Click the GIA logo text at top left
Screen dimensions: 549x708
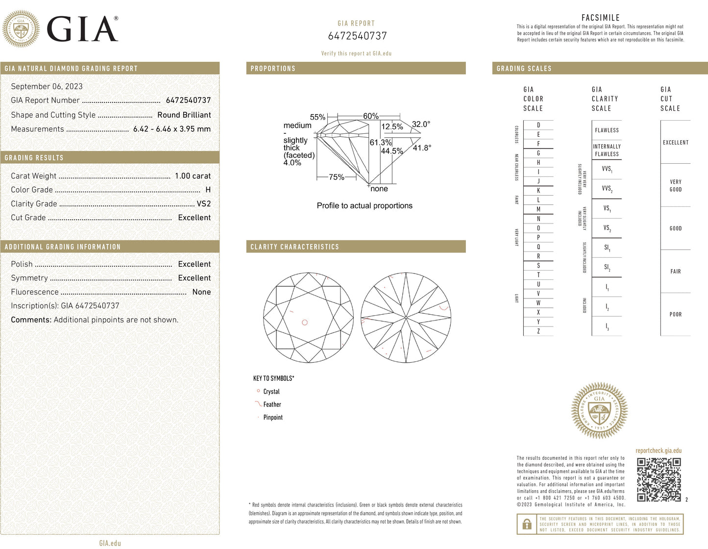coord(82,29)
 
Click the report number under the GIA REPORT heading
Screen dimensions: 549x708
coord(357,36)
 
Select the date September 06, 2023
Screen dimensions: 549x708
coord(47,86)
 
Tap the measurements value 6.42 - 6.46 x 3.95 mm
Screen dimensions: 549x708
coord(171,129)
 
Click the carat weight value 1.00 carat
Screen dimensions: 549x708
coord(193,175)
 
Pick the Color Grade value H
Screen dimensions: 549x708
coord(208,190)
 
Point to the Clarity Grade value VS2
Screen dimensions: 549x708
coord(203,203)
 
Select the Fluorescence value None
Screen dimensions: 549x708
coord(201,292)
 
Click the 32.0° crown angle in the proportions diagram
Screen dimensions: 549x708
coord(421,124)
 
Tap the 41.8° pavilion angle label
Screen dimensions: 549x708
coord(422,148)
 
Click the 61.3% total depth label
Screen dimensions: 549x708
coord(380,142)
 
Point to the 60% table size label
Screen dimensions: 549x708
coord(370,116)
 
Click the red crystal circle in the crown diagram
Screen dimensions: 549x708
coord(305,322)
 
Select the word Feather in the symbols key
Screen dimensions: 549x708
coord(272,404)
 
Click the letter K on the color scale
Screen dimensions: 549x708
coord(538,191)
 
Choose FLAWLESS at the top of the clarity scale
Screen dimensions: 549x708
coord(607,130)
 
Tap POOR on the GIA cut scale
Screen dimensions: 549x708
coord(675,314)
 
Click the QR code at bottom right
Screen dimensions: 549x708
coord(659,480)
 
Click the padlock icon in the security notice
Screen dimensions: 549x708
coord(527,524)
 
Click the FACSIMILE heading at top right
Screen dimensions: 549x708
coord(600,18)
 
